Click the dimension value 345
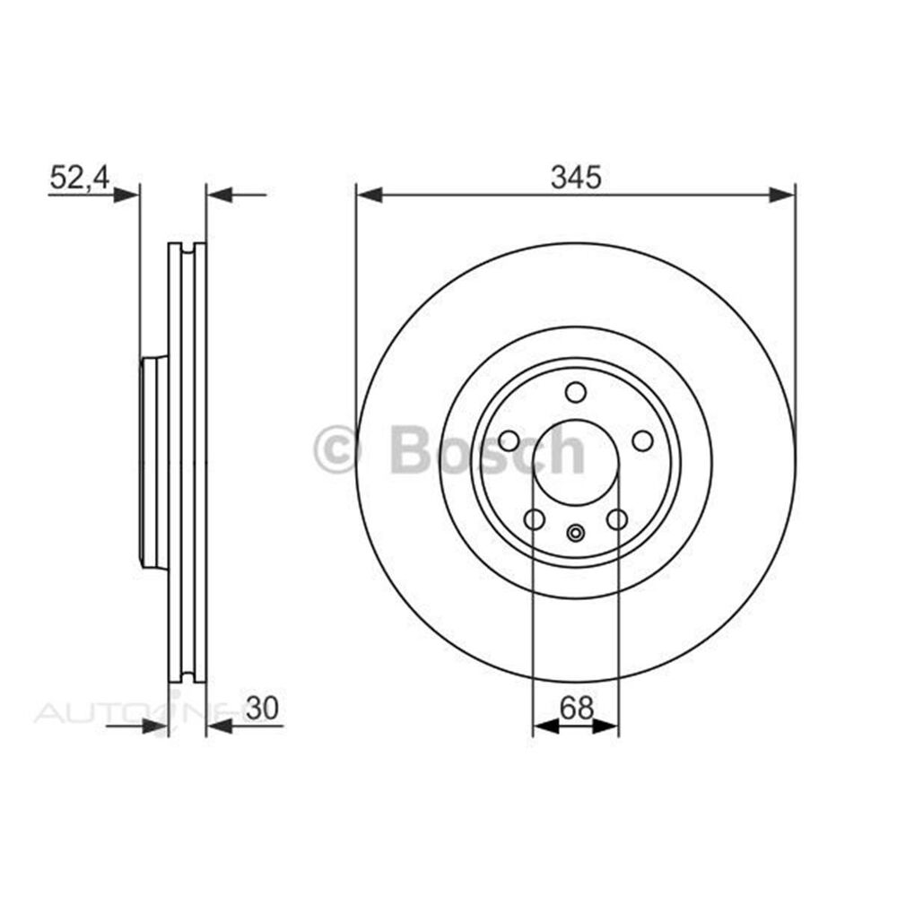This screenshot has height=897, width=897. point(575,178)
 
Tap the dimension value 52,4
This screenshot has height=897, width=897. point(79,178)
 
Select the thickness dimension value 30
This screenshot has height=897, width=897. point(261,709)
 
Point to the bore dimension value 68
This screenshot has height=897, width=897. point(577,709)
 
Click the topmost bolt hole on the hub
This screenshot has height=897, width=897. point(575,392)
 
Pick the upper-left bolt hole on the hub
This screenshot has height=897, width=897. point(509,440)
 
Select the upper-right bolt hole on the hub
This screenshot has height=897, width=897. point(642,440)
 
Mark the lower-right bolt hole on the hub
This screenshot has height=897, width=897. point(617,519)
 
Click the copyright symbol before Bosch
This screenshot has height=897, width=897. point(336,448)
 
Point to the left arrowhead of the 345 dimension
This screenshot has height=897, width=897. point(369,194)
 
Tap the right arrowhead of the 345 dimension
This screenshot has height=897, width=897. point(782,194)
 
